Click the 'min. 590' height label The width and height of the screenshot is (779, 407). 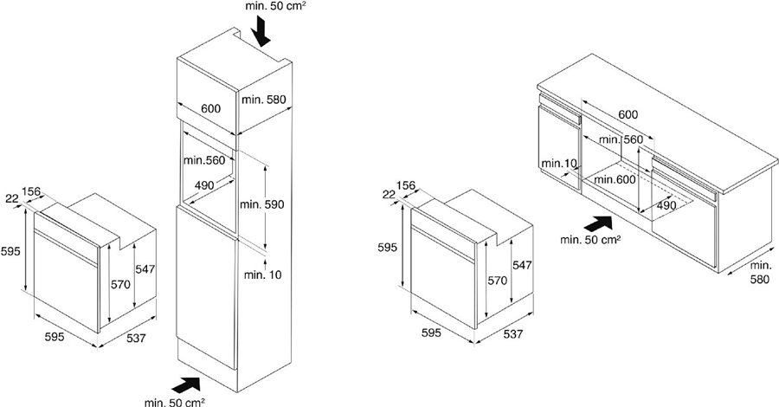(x=261, y=204)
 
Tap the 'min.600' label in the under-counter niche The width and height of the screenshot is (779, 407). (x=615, y=179)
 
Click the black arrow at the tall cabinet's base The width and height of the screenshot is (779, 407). (x=185, y=385)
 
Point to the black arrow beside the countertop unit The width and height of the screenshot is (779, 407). (x=598, y=223)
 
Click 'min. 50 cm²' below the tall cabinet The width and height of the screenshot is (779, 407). (x=175, y=402)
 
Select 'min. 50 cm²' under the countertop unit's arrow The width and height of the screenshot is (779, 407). (x=590, y=240)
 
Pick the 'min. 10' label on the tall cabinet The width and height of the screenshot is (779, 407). (x=262, y=275)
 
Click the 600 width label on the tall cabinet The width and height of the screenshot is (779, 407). (x=211, y=108)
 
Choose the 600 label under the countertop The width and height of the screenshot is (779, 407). (x=628, y=115)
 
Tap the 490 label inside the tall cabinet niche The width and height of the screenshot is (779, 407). (x=204, y=185)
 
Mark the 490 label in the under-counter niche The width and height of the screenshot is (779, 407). (x=666, y=205)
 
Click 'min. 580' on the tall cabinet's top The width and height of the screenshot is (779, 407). (x=264, y=100)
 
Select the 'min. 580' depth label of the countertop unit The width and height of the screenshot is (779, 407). (x=760, y=273)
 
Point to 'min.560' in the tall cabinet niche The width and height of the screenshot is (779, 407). (x=204, y=160)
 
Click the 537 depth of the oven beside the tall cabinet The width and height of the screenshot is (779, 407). (x=136, y=338)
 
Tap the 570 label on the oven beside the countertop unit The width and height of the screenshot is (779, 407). (x=498, y=281)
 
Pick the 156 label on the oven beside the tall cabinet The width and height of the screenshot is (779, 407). (x=31, y=191)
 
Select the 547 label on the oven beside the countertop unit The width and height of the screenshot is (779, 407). (x=522, y=265)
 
